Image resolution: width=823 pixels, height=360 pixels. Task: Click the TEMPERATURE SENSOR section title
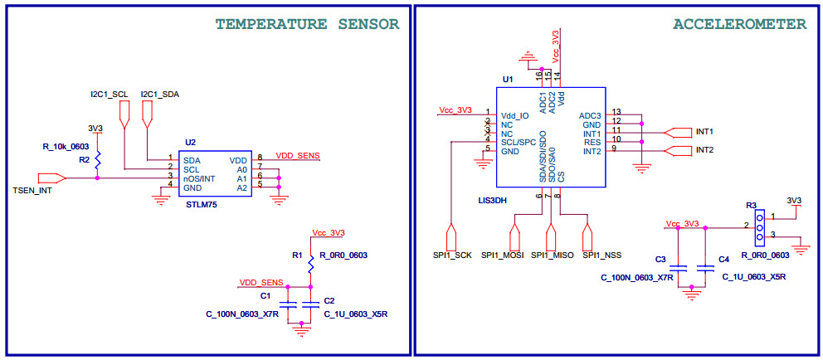308,24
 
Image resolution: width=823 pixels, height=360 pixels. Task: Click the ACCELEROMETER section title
739,24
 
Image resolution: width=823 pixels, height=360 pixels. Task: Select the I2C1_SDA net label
160,94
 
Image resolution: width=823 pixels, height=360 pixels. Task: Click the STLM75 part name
202,203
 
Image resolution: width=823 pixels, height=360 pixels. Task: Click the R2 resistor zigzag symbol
97,158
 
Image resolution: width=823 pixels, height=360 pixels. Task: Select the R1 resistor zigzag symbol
310,265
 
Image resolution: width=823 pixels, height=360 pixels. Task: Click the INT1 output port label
704,132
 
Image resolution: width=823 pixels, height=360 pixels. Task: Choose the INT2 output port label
704,150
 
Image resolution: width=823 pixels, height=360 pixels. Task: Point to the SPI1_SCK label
451,255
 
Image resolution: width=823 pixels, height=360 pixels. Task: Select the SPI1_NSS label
602,255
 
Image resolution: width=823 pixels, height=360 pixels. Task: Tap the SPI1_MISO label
553,255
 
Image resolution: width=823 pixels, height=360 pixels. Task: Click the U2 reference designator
190,143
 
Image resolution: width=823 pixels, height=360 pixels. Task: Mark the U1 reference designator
508,80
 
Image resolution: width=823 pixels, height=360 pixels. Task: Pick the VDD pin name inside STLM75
237,159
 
